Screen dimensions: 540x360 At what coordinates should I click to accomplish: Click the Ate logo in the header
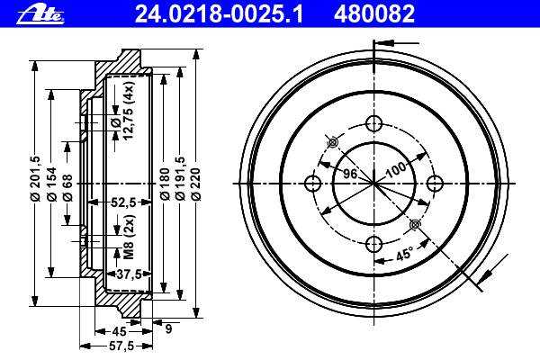(x=40, y=15)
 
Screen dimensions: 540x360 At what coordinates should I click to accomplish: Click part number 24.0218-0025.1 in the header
(x=219, y=14)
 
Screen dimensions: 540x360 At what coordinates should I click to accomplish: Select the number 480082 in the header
(x=374, y=14)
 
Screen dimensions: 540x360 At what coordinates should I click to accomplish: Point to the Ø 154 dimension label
(x=52, y=184)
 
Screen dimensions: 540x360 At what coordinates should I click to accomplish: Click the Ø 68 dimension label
(x=67, y=188)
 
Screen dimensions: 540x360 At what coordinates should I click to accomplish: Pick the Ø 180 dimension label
(x=165, y=184)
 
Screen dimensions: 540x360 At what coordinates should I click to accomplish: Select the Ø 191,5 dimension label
(x=180, y=178)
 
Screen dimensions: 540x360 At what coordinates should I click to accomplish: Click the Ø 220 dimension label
(x=195, y=184)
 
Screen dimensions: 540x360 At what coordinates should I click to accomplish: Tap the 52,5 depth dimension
(x=121, y=202)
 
